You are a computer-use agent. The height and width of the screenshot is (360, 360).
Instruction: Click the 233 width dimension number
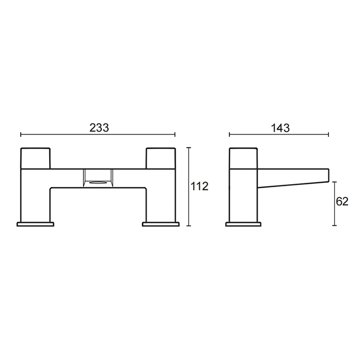99,128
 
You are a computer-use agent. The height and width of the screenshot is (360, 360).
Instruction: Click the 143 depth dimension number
280,128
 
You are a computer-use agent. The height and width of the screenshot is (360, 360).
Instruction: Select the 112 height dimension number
199,186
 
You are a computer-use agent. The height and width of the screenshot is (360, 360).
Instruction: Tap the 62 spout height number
342,202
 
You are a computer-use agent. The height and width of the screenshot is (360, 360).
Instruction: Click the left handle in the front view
36,157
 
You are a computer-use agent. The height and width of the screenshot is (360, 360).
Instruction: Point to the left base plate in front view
36,224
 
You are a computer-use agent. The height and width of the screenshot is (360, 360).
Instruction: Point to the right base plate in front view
161,224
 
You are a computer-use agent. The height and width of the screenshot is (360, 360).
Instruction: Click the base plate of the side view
243,224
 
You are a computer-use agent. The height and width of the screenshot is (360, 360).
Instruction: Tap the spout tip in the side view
328,175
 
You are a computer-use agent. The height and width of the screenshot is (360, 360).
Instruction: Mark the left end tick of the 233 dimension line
21,134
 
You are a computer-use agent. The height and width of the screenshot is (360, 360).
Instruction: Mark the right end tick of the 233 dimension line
175,134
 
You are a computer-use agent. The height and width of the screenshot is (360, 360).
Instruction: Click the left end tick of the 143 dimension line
229,134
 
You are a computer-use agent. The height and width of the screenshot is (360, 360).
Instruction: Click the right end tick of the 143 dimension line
328,134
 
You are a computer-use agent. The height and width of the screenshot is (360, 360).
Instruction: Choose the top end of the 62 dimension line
334,182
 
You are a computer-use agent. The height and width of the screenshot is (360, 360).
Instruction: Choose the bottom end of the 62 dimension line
334,226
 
